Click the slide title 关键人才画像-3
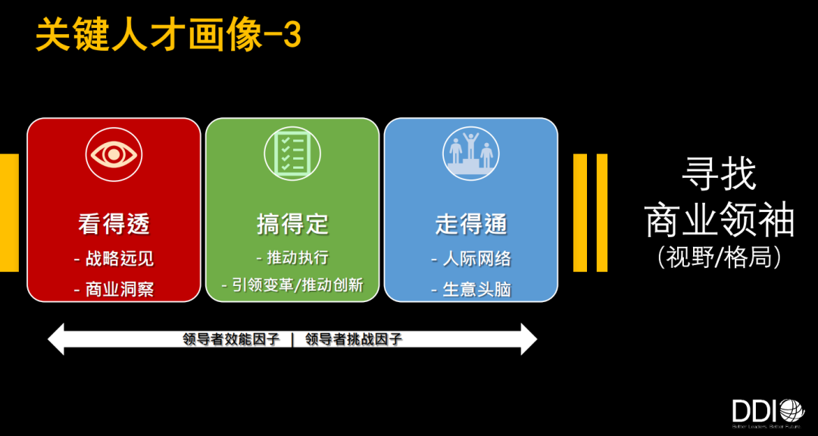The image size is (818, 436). click(x=168, y=35)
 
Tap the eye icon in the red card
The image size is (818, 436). click(x=114, y=154)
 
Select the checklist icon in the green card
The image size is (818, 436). click(x=292, y=153)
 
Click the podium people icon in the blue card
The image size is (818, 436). click(x=470, y=153)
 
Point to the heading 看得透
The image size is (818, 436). click(x=114, y=223)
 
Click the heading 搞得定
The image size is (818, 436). click(x=292, y=223)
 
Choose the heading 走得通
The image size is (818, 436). click(x=470, y=223)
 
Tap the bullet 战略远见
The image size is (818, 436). click(x=114, y=258)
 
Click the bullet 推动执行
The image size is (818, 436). click(x=292, y=257)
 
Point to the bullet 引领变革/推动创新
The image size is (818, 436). click(x=292, y=285)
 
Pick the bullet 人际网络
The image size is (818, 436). click(x=470, y=258)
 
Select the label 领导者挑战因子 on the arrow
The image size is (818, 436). click(x=354, y=339)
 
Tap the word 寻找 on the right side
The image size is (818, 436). click(x=719, y=175)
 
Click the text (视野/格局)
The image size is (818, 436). click(x=719, y=257)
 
